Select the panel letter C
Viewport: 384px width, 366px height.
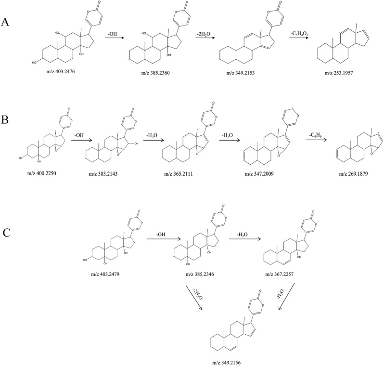6,233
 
